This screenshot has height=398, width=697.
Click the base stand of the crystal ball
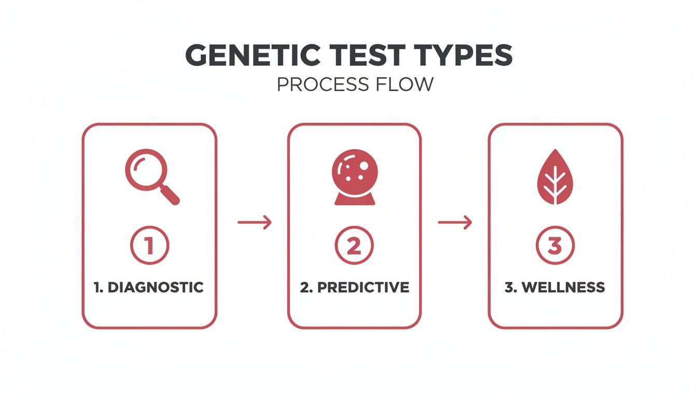click(355, 199)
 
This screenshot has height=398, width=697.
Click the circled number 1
click(149, 246)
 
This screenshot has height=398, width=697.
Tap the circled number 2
click(354, 246)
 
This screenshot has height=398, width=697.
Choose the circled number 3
click(555, 246)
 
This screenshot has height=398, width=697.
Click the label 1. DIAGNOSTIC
click(149, 287)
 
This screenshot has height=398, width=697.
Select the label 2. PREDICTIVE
click(355, 287)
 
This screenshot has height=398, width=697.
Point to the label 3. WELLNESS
click(555, 287)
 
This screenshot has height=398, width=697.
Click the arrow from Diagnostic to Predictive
click(254, 222)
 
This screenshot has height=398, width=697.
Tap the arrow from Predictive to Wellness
click(455, 222)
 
